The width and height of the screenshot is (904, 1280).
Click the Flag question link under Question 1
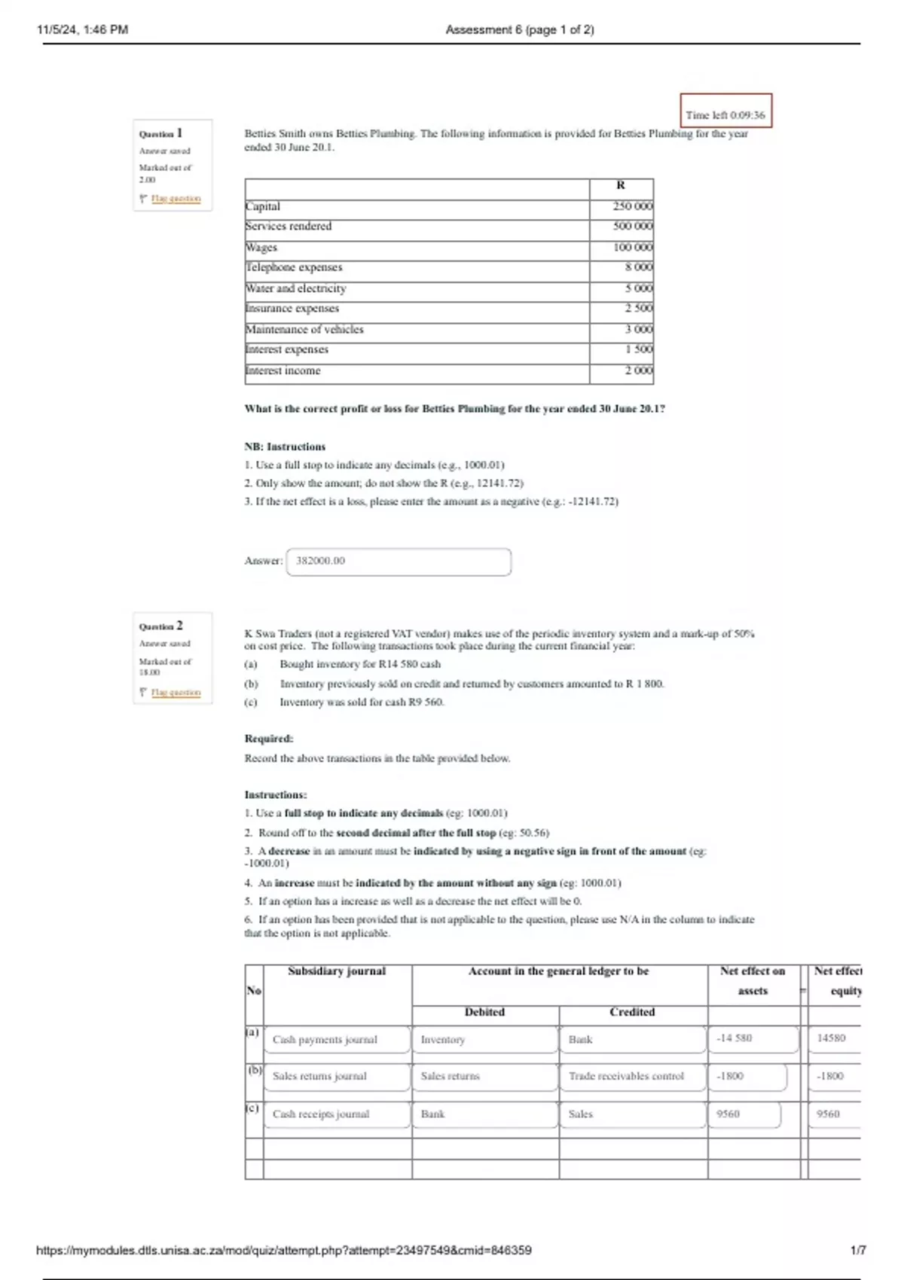[176, 199]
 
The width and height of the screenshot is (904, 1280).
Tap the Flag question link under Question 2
[176, 692]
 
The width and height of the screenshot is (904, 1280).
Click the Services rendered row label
[289, 226]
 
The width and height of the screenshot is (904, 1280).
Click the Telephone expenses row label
[294, 267]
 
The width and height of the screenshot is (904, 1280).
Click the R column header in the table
[621, 185]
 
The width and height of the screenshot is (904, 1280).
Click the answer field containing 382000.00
[399, 561]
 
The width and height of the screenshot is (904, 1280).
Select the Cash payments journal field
[337, 1039]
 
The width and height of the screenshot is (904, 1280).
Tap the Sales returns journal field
[337, 1076]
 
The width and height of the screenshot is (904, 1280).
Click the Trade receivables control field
[631, 1076]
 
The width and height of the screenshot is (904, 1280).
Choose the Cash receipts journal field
[337, 1114]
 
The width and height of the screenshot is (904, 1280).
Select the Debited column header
[484, 1012]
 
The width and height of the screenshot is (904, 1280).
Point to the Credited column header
[632, 1012]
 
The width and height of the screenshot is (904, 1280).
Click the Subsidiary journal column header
[337, 971]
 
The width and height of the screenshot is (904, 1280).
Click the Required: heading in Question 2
[269, 739]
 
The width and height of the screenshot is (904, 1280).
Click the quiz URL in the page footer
[284, 1250]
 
